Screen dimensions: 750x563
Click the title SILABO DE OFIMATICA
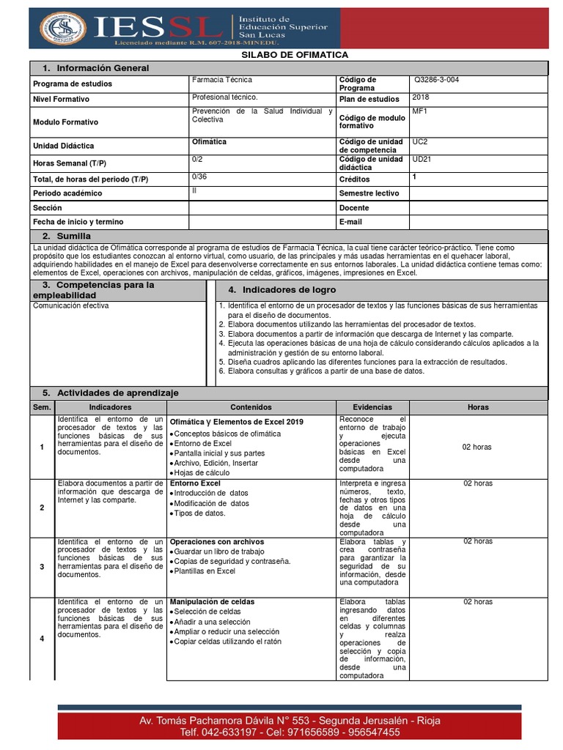click(295, 55)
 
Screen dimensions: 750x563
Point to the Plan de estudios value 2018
click(421, 97)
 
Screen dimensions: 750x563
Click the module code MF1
click(419, 112)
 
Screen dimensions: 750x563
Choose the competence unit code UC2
click(420, 141)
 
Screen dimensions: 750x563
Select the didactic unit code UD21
click(422, 159)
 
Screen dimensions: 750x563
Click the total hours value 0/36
click(199, 177)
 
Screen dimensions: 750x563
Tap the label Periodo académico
click(67, 193)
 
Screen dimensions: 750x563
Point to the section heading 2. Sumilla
click(67, 236)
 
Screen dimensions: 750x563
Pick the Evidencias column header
click(372, 407)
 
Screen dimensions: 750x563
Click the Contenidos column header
click(251, 407)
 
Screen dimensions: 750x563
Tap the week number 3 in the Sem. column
click(42, 567)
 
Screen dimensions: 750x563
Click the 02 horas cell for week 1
click(477, 447)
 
